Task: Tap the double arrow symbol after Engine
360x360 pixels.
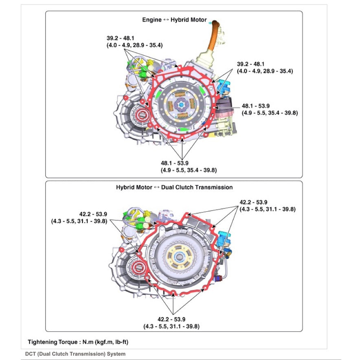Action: [166, 20]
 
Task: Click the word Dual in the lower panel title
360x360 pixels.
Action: [168, 187]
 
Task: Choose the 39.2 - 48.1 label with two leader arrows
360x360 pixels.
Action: [265, 67]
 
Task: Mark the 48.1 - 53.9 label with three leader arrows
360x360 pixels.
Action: [184, 167]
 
